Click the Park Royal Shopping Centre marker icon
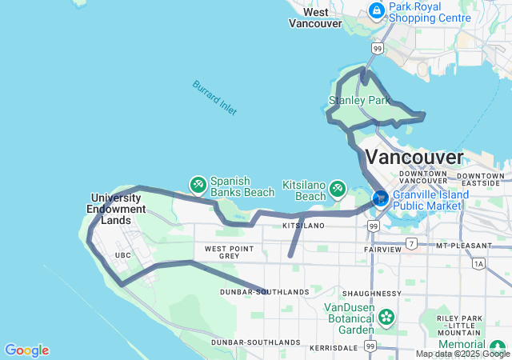point(376,10)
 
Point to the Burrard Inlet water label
point(214,98)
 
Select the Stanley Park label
point(359,101)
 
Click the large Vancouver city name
point(414,156)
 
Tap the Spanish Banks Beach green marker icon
point(198,186)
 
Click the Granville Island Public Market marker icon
point(380,196)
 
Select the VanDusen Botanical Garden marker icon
point(386,318)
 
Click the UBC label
point(123,255)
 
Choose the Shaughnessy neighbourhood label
point(367,293)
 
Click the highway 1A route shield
point(478,263)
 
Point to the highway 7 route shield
point(411,243)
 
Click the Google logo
point(26,350)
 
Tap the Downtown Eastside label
point(485,179)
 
